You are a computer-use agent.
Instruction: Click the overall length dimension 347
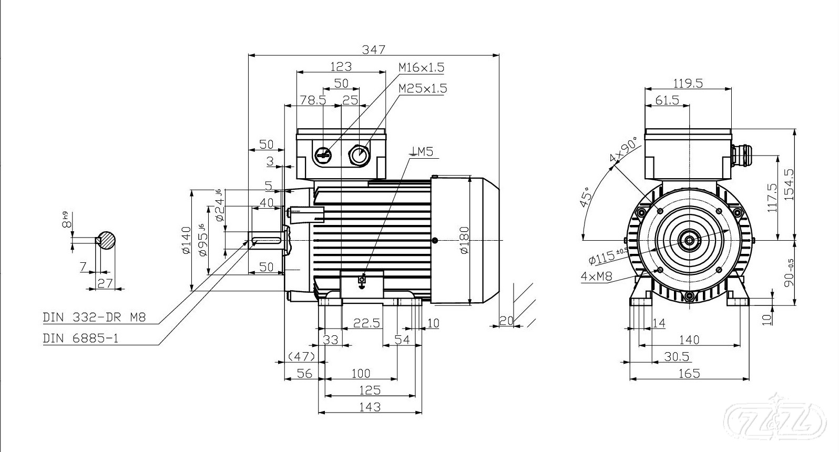(x=374, y=49)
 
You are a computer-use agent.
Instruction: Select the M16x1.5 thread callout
(x=421, y=67)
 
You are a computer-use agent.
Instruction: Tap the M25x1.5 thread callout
(x=423, y=88)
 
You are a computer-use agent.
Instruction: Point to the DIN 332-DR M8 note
(x=94, y=317)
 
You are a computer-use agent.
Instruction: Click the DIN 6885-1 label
(x=81, y=338)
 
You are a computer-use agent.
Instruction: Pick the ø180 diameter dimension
(x=464, y=240)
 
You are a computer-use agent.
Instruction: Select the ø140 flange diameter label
(x=186, y=240)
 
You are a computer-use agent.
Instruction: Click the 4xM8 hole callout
(x=597, y=276)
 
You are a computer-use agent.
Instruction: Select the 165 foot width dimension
(x=689, y=373)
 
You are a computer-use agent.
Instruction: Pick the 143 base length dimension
(x=371, y=406)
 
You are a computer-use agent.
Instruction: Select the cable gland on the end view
(x=741, y=156)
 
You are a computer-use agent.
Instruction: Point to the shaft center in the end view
(x=689, y=241)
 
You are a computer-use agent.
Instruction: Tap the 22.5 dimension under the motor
(x=367, y=323)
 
